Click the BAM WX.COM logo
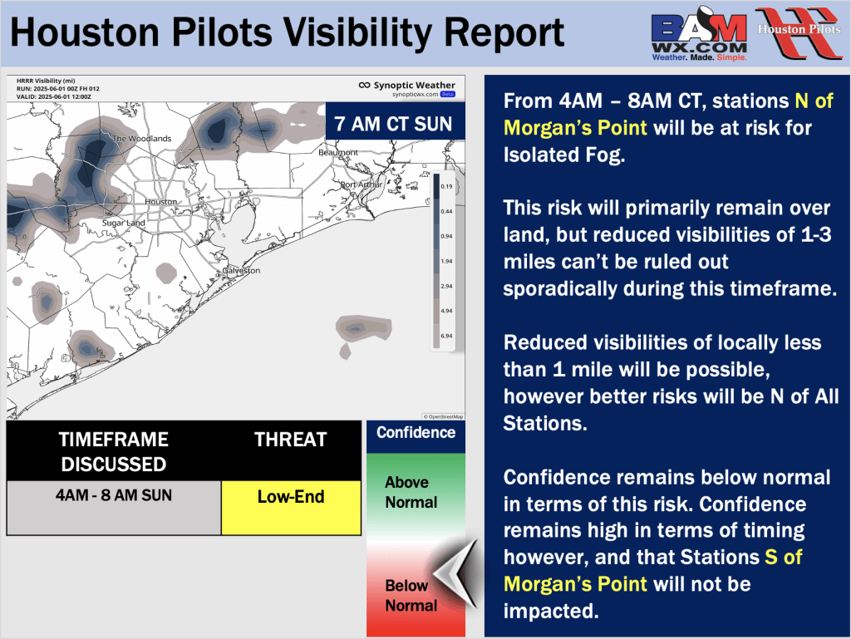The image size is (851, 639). (699, 33)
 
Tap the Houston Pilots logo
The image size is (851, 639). (799, 32)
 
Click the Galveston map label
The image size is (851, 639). (241, 270)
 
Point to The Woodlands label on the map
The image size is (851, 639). (141, 138)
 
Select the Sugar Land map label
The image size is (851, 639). (124, 223)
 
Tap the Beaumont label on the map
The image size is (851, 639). (338, 152)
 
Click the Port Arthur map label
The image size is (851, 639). (362, 184)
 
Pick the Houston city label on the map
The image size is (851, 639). (160, 202)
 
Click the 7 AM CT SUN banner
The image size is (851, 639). (395, 123)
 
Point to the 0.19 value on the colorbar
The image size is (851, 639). (446, 186)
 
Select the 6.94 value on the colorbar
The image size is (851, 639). (446, 336)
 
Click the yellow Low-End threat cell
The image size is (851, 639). (291, 508)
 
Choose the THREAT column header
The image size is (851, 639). (291, 440)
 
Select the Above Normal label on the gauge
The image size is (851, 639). (411, 492)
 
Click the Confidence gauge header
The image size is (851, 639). (416, 433)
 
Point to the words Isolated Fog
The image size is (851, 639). (564, 155)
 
